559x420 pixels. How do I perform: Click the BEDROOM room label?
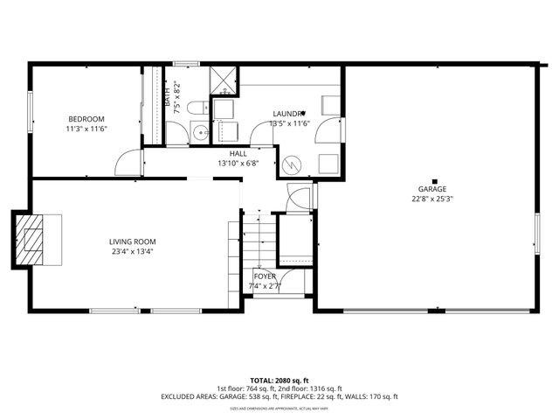[87, 119]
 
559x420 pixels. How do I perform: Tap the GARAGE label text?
[431, 188]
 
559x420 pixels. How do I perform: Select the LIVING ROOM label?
[133, 241]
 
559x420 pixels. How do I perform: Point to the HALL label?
[238, 153]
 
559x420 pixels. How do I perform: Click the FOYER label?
[265, 276]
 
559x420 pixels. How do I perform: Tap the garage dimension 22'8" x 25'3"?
[431, 198]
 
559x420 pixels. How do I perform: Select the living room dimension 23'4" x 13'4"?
[133, 252]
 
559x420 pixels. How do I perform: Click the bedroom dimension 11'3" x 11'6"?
[87, 129]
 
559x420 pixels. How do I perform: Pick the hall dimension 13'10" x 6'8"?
[238, 163]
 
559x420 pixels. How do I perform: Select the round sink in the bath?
[199, 134]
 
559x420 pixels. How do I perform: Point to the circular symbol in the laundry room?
[291, 163]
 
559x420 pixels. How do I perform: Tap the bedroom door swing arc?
[131, 161]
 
